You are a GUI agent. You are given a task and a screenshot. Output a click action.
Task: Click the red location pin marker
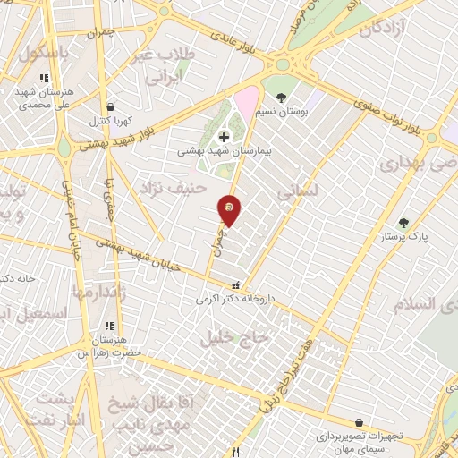tap(230, 209)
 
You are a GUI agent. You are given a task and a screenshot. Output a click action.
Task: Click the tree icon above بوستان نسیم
tap(281, 97)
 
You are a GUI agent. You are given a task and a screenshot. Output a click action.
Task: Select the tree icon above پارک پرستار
tap(403, 223)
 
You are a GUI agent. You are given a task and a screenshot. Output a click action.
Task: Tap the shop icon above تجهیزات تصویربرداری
tap(359, 422)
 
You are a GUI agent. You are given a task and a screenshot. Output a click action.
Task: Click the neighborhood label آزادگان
tap(384, 29)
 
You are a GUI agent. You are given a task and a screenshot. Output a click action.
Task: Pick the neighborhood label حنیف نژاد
tap(172, 188)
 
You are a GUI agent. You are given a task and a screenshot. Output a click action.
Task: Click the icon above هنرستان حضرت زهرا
tap(109, 327)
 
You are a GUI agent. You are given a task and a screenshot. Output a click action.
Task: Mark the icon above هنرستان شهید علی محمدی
tap(43, 79)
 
